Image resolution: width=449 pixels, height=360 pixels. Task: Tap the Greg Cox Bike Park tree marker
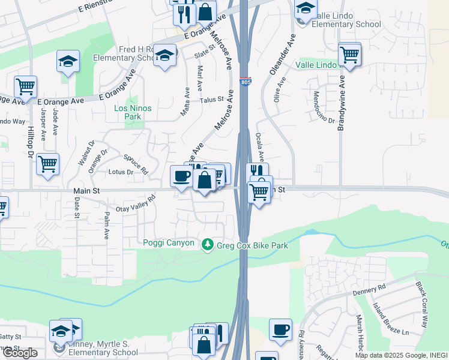(x=208, y=245)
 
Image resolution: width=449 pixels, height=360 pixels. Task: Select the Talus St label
(x=212, y=100)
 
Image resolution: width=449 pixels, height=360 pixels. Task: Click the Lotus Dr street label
(x=121, y=172)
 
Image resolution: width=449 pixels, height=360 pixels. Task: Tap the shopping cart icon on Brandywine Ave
(x=349, y=55)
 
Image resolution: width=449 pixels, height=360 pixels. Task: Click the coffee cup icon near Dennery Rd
(x=280, y=329)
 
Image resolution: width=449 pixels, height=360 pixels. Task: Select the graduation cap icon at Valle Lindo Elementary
(x=306, y=9)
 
